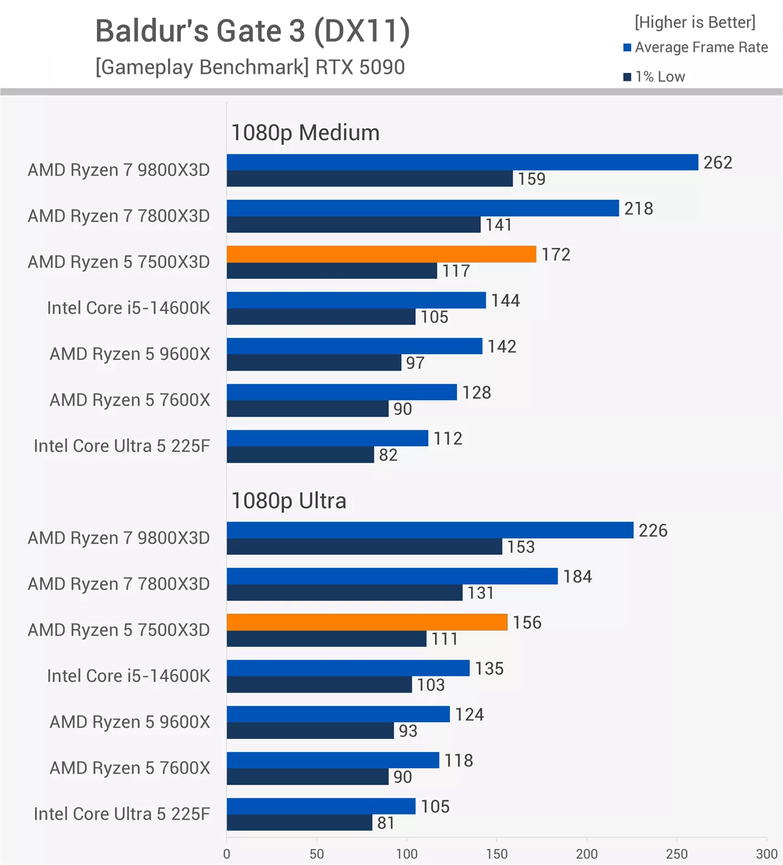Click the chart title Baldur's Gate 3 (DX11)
(x=252, y=30)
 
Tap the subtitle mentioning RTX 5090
(x=250, y=67)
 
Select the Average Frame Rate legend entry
(x=701, y=48)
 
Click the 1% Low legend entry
(x=659, y=77)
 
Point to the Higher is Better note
(x=695, y=22)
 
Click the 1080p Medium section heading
(x=305, y=133)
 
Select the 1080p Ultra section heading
(x=289, y=501)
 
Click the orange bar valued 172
(x=381, y=254)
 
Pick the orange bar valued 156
(x=367, y=622)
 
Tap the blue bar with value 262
(x=462, y=162)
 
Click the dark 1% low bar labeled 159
(x=370, y=179)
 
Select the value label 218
(x=639, y=209)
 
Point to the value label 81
(x=386, y=823)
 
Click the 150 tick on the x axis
(x=496, y=854)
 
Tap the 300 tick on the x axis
(x=766, y=854)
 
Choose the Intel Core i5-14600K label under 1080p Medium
(x=128, y=308)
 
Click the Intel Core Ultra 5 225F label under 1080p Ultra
(x=122, y=814)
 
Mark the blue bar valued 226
(x=430, y=530)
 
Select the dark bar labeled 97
(x=314, y=363)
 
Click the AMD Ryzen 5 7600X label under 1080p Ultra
(x=130, y=768)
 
